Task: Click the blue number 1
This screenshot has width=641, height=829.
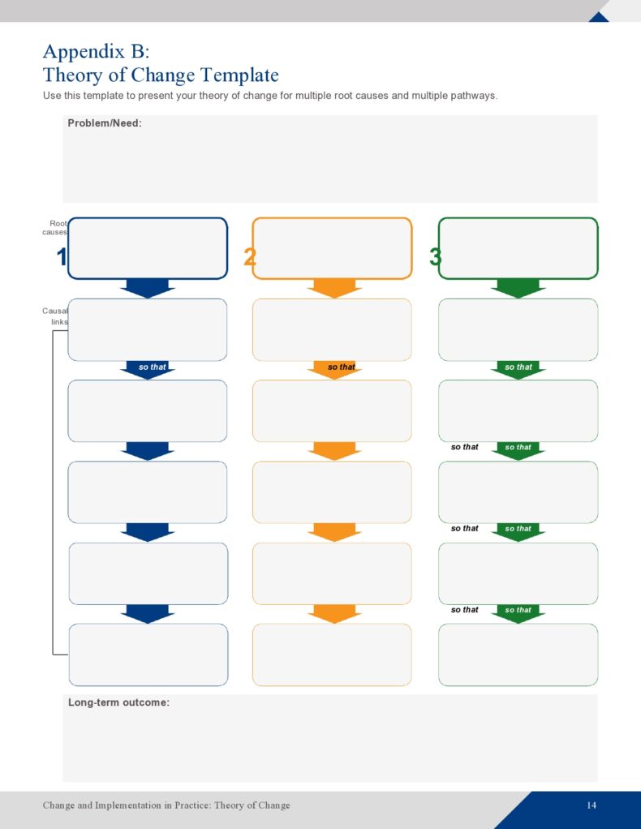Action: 61,258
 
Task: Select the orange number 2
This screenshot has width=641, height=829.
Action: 250,258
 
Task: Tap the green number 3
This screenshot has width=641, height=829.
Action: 435,258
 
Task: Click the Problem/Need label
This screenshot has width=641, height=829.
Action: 105,123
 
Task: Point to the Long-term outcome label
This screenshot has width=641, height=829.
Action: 118,702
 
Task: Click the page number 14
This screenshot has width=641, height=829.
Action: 592,805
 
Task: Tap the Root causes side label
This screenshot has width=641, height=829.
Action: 57,227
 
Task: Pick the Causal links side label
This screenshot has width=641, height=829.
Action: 56,316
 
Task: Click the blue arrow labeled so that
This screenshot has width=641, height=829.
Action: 148,369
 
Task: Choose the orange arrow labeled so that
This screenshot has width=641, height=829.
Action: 334,369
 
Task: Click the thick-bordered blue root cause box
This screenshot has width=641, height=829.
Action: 148,248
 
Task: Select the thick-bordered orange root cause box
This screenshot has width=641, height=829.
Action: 332,248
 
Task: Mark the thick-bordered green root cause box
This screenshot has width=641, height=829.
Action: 518,248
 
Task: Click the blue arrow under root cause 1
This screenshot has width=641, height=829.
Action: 148,288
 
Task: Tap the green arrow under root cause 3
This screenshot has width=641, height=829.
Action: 518,288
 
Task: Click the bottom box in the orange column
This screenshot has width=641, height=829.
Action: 332,655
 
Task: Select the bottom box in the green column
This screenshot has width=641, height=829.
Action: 518,655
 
